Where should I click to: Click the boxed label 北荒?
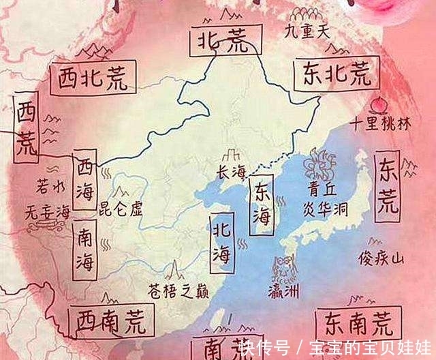point(219,40)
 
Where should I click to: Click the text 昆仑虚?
point(121,207)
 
